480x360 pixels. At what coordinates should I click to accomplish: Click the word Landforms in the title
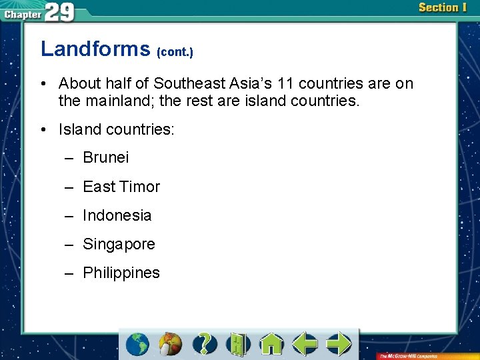tap(96, 49)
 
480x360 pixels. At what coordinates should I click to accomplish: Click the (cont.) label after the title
tap(175, 51)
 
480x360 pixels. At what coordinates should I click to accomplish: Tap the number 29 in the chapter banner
tap(60, 11)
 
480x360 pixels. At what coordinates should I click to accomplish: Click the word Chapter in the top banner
tap(22, 14)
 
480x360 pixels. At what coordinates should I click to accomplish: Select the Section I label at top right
tap(443, 8)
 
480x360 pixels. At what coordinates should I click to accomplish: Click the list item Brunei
tap(105, 158)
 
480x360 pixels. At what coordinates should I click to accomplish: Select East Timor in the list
tap(121, 187)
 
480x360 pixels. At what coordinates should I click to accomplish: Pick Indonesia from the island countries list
tap(117, 215)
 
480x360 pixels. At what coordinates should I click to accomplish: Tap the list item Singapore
tap(119, 244)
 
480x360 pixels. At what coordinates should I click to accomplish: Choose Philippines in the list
tap(121, 273)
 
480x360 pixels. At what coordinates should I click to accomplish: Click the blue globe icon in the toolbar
tap(138, 344)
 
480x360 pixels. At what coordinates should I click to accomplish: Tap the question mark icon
tap(205, 344)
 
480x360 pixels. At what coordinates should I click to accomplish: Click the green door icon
tap(237, 344)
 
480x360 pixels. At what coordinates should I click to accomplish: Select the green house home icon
tap(271, 344)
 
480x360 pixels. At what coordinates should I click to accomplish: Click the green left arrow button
tap(305, 344)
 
